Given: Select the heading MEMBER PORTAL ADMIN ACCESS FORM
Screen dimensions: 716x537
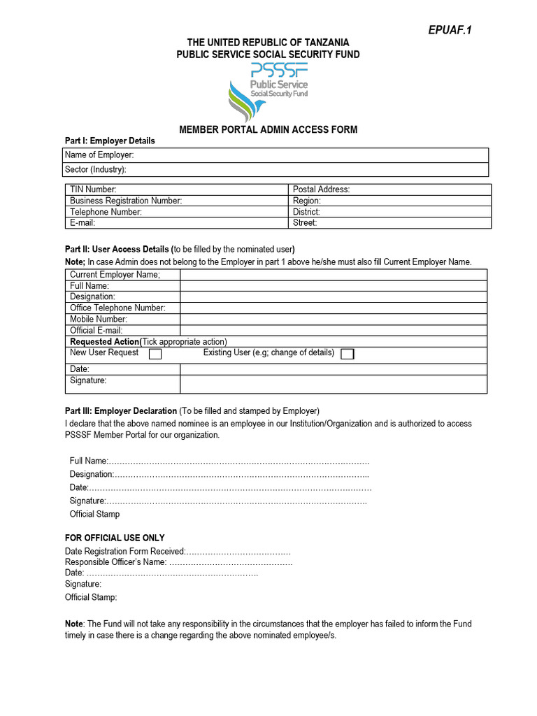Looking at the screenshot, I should [268, 129].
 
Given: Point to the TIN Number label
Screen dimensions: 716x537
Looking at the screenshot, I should [93, 189].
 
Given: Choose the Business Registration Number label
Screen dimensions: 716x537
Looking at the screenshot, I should [126, 201].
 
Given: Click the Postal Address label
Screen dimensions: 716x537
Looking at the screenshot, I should [321, 189].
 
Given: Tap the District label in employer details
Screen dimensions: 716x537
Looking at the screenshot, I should [306, 212].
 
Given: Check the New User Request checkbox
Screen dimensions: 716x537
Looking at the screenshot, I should [155, 355].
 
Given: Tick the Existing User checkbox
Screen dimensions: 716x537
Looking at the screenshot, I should [347, 355].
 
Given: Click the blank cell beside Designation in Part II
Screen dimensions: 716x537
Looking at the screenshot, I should [334, 296].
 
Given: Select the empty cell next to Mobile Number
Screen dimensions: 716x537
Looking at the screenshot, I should [334, 319].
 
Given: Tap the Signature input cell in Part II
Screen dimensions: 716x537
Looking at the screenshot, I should [334, 384].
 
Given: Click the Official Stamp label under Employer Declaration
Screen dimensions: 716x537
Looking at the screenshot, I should [94, 514].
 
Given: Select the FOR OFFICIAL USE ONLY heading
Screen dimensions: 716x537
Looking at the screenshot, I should [115, 538].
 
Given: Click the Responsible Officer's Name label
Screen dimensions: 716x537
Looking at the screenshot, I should [116, 562].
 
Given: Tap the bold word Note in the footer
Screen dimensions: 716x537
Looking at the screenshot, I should [74, 624].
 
